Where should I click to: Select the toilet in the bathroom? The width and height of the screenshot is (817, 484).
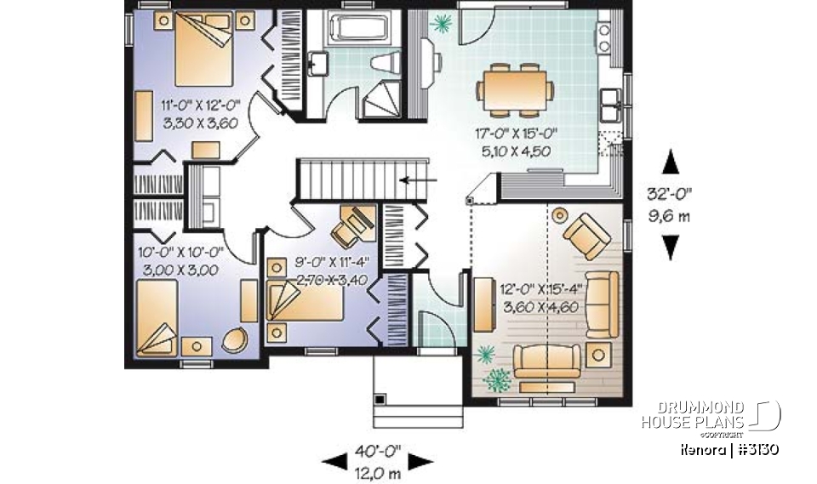coord(388,64)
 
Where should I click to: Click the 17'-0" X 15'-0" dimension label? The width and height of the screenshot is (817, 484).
coord(516,141)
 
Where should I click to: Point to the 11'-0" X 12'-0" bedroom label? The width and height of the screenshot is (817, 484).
coord(201,114)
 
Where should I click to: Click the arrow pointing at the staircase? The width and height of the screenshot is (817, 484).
coord(420,179)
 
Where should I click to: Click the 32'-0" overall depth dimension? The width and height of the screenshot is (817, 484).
coord(670,202)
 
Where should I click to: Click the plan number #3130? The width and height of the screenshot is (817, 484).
coord(757,448)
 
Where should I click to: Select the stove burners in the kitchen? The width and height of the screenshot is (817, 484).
coord(604,36)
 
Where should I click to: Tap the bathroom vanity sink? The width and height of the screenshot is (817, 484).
coord(321,63)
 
